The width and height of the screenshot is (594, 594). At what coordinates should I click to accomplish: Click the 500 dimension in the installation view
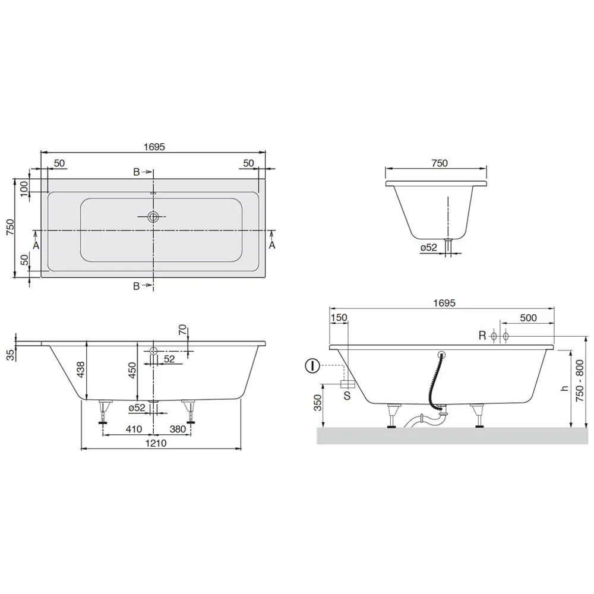pyautogui.click(x=527, y=318)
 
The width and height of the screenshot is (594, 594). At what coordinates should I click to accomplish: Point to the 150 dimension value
pyautogui.click(x=338, y=318)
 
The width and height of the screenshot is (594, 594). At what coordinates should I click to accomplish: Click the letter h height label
pyautogui.click(x=565, y=388)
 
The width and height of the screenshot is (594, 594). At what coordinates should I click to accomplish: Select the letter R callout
pyautogui.click(x=482, y=336)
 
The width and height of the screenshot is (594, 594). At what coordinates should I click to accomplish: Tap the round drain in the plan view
pyautogui.click(x=153, y=217)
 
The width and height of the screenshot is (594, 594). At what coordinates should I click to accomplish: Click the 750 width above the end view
pyautogui.click(x=438, y=163)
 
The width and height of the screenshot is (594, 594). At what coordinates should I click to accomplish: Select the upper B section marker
pyautogui.click(x=136, y=172)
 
